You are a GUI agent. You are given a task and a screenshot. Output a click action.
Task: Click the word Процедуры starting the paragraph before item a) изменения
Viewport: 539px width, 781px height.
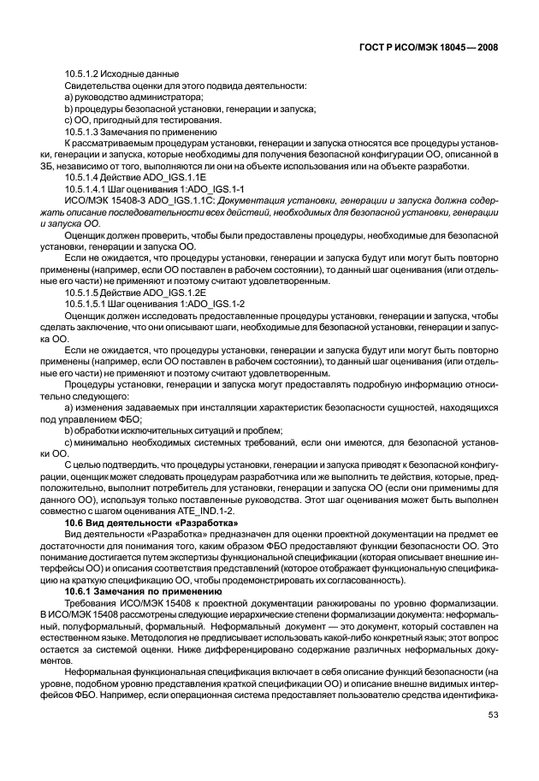tap(92, 384)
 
